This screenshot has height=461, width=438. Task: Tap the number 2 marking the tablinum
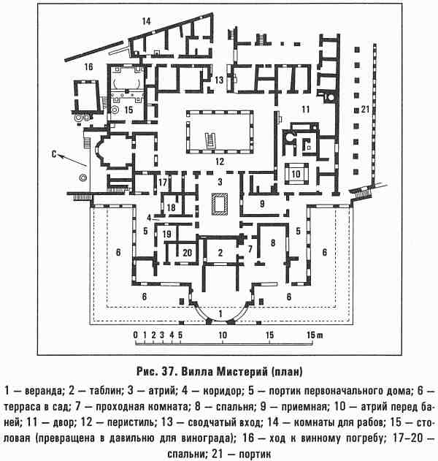point(218,253)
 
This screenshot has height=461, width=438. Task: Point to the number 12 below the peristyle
point(218,159)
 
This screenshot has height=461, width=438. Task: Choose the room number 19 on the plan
point(167,234)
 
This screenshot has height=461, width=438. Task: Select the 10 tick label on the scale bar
point(220,336)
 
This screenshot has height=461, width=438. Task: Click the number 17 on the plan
point(164,181)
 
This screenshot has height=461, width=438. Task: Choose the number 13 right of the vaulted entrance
point(218,80)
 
